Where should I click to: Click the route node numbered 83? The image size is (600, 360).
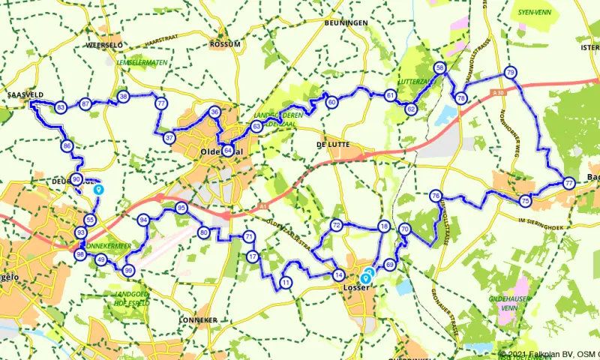pos(61,108)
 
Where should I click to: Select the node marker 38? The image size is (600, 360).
pos(123,96)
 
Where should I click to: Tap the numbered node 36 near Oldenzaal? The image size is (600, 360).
pos(214,112)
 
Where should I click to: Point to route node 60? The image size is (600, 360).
pos(331,102)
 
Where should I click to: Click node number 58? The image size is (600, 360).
pos(440,67)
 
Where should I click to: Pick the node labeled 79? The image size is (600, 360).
pos(510,73)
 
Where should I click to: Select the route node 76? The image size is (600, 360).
pos(436,196)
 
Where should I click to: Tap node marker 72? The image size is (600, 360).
pos(337,225)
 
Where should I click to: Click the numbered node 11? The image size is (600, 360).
pos(286,283)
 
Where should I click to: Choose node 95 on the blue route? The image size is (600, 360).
pos(181,208)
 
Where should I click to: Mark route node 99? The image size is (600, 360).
pos(129,270)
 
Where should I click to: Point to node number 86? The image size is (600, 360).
pos(67,146)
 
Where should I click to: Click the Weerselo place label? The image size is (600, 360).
pos(104,45)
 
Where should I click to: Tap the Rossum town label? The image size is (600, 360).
pos(226,44)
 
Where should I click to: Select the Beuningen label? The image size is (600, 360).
pos(346,23)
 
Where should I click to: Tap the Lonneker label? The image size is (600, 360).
pos(199,319)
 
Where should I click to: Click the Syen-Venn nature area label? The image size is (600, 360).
pos(535,13)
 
